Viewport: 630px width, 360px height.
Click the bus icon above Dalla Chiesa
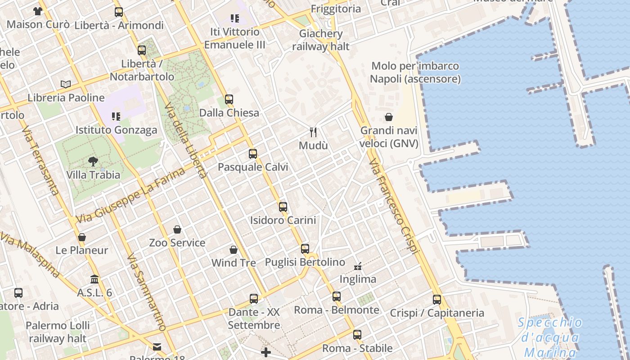click(x=229, y=99)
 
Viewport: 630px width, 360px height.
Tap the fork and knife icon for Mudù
click(x=314, y=132)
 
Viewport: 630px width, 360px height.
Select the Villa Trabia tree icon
click(x=93, y=161)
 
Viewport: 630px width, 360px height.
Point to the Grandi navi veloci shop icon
click(x=389, y=117)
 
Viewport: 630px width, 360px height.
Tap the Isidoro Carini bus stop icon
click(x=283, y=207)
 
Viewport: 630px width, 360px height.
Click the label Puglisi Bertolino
click(x=305, y=262)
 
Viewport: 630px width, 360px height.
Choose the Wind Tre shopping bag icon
click(x=234, y=250)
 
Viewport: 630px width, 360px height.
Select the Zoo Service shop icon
click(x=177, y=230)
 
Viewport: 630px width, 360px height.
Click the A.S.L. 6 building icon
click(x=94, y=279)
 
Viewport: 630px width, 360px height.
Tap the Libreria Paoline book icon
click(x=66, y=84)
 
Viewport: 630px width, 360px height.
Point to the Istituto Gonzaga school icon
click(x=116, y=117)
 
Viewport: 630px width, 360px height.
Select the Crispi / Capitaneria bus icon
click(x=436, y=300)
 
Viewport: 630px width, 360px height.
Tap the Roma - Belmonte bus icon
click(x=337, y=297)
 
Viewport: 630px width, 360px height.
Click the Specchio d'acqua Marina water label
click(x=550, y=337)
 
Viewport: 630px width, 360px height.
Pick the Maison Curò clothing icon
click(x=38, y=11)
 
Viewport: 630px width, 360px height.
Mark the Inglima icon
click(x=358, y=266)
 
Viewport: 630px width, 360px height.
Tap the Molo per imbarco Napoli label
click(x=415, y=72)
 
